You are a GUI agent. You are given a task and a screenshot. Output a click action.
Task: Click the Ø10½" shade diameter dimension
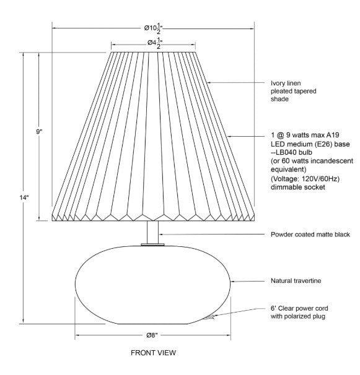pos(153,28)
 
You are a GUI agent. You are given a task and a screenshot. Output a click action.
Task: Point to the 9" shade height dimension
pos(39,131)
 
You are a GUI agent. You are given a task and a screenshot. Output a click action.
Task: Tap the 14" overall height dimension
pos(24,197)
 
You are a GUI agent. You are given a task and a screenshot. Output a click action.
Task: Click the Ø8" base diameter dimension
pos(152,335)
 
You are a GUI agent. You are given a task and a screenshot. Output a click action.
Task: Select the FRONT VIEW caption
pos(153,353)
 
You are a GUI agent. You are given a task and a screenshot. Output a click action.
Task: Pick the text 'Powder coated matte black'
pos(310,235)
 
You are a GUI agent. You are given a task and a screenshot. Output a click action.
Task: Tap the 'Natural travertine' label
pos(296,280)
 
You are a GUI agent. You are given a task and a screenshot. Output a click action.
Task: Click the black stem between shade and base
pos(152,232)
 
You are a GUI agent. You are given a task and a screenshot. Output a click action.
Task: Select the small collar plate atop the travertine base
pos(152,244)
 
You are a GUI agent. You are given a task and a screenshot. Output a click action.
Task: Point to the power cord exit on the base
pos(208,317)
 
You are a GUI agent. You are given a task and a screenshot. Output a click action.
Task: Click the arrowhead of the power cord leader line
pos(214,316)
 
